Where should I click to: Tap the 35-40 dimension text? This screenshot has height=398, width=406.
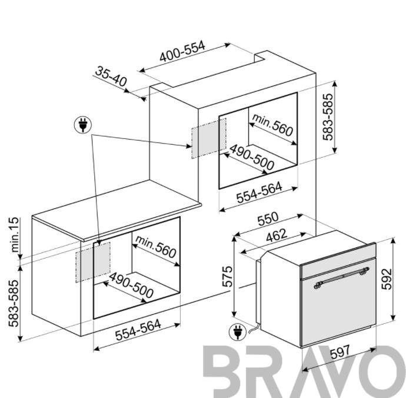click(111, 76)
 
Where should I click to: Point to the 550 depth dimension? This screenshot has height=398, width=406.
click(268, 218)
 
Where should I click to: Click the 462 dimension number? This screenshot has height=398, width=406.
click(277, 236)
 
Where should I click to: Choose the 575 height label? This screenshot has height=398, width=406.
click(228, 276)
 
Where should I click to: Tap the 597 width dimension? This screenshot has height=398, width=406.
click(340, 352)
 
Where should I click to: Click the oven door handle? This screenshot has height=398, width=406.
click(341, 278)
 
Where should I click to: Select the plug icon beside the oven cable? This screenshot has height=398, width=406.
click(237, 332)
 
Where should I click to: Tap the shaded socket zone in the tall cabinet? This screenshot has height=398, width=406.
click(209, 138)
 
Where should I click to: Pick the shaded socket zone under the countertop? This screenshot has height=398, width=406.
click(93, 262)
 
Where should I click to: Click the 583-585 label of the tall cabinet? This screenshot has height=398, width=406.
click(328, 117)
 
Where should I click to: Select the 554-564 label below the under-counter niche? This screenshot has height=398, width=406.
click(138, 330)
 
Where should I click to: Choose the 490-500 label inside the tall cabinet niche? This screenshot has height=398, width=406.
click(251, 157)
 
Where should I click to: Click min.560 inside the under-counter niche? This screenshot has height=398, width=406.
click(155, 247)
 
